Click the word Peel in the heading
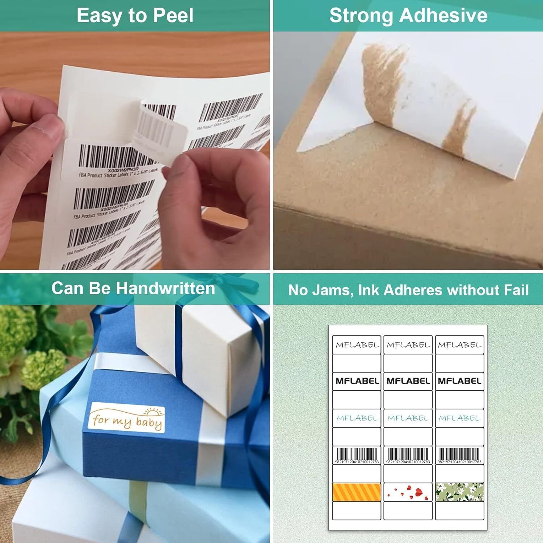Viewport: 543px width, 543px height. pos(173,16)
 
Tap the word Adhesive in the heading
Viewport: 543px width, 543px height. pos(443,16)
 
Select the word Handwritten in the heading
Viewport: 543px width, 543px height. pos(165,289)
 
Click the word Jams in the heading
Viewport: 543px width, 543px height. pos(332,290)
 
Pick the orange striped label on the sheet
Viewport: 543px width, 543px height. pos(357,492)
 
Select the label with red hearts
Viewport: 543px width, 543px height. pos(408,492)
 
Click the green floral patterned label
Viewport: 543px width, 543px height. pos(459,492)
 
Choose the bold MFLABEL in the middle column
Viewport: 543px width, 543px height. pos(408,381)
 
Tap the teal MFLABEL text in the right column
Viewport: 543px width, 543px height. pos(459,418)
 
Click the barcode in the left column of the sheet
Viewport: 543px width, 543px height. pos(357,455)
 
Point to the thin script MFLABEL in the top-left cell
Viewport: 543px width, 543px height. pos(357,345)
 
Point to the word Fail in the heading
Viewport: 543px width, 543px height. pos(515,290)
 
